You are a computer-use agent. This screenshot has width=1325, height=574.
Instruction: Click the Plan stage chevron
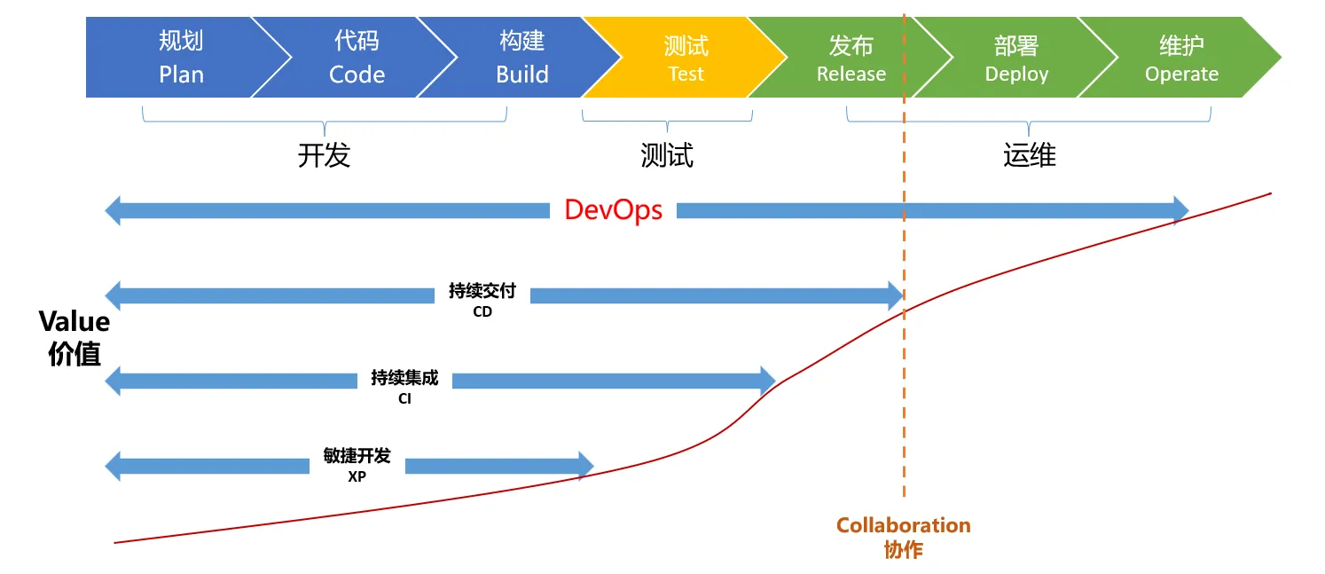[181, 58]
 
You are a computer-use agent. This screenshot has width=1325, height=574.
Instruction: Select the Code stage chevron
[357, 58]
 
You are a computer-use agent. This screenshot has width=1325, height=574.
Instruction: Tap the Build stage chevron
[521, 58]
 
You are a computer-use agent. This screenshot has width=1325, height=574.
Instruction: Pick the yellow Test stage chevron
[686, 58]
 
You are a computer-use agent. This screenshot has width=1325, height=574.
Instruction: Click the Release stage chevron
[851, 58]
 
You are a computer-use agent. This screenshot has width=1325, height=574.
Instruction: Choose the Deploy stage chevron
[1016, 58]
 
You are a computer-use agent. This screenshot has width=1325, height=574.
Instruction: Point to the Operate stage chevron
[1181, 58]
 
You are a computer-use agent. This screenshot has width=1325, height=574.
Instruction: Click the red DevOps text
[613, 210]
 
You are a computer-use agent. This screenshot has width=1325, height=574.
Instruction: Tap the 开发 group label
[324, 155]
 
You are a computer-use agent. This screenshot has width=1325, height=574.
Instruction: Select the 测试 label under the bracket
[666, 155]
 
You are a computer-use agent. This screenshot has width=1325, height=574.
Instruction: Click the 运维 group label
[1029, 155]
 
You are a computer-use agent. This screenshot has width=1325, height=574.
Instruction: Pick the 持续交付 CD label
[482, 300]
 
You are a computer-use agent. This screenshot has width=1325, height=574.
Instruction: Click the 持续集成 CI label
[404, 387]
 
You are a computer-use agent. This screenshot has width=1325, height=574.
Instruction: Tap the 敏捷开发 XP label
[357, 464]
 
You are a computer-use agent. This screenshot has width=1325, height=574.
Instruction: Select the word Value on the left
[74, 321]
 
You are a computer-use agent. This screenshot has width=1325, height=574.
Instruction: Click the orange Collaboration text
[903, 525]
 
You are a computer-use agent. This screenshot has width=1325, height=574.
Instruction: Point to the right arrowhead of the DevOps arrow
[1180, 210]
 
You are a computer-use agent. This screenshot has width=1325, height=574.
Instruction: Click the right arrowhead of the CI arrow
[768, 381]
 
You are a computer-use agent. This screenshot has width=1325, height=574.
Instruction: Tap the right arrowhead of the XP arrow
[585, 466]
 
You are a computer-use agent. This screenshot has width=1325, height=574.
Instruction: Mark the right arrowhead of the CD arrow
[895, 295]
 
